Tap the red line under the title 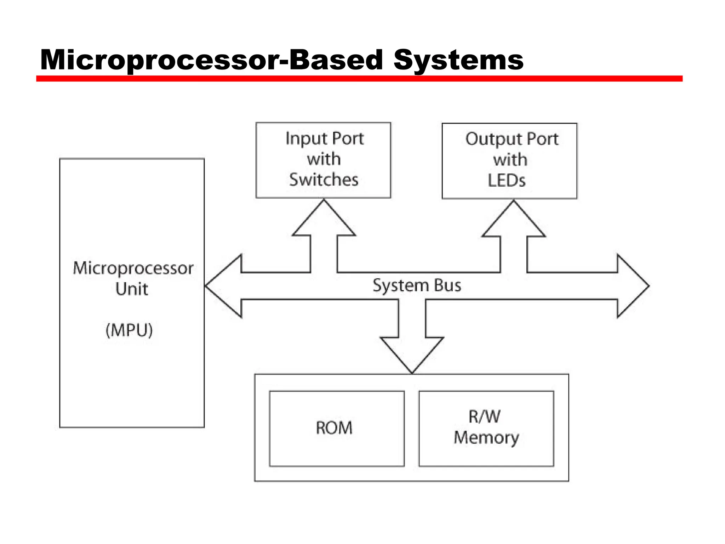[359, 79]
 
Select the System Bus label [417, 285]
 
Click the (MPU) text [129, 330]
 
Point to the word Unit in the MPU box [131, 289]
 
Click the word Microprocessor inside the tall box [133, 268]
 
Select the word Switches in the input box [324, 180]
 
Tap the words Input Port [324, 138]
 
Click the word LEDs [506, 181]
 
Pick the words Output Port [512, 139]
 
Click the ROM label [334, 428]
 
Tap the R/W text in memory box [484, 416]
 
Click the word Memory [486, 438]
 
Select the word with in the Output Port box [510, 160]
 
